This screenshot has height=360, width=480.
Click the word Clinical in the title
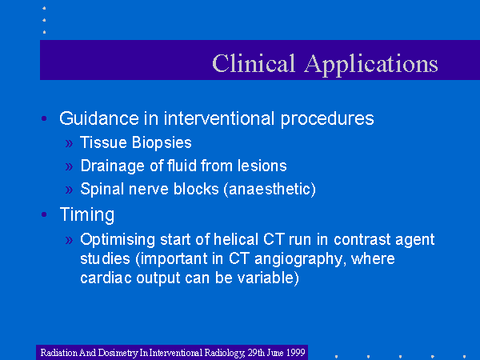[x=254, y=63]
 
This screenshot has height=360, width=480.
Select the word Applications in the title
[x=371, y=65]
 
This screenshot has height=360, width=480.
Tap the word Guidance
[x=99, y=118]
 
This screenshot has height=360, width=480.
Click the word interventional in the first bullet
[x=219, y=118]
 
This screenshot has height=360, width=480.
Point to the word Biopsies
[x=162, y=143]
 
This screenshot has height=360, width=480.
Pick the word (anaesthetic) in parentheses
[x=270, y=189]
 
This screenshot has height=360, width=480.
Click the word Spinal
[x=102, y=190]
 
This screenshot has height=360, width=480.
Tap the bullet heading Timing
[x=87, y=214]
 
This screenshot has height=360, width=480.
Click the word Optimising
[x=118, y=240]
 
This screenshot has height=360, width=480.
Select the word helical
[x=236, y=239]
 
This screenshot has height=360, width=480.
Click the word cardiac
[x=106, y=278]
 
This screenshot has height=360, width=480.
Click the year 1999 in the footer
[x=296, y=352]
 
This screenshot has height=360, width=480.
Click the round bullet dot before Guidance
[x=44, y=118]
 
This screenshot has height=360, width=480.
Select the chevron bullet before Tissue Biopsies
[x=69, y=143]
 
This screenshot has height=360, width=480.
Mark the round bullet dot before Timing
[x=44, y=214]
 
